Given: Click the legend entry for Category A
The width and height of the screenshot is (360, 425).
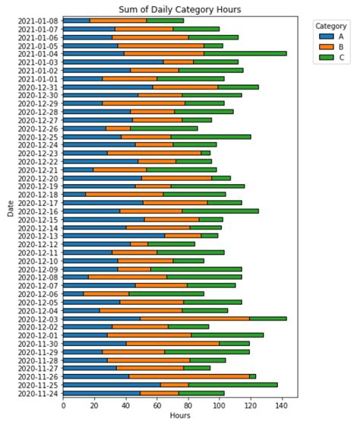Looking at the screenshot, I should tap(327, 36).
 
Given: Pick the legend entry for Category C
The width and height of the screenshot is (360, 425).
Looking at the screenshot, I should tap(327, 57).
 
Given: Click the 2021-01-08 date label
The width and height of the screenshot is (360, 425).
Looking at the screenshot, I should tap(36, 21).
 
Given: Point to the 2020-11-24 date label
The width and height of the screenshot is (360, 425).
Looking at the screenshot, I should tap(36, 393).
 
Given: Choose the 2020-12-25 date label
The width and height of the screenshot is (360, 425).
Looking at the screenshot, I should tap(36, 137).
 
